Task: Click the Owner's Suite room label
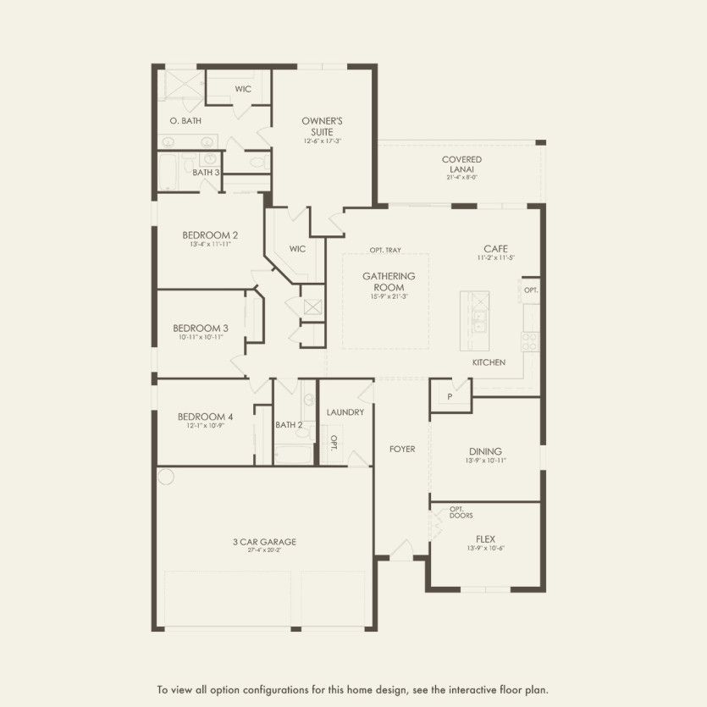pyautogui.click(x=322, y=126)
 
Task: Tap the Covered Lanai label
pyautogui.click(x=461, y=164)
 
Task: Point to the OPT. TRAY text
pyautogui.click(x=385, y=251)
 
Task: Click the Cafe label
pyautogui.click(x=495, y=248)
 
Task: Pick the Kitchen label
pyautogui.click(x=489, y=362)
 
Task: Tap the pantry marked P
pyautogui.click(x=450, y=396)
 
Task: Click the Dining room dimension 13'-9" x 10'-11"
pyautogui.click(x=485, y=461)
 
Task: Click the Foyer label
pyautogui.click(x=402, y=449)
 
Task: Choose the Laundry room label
pyautogui.click(x=345, y=412)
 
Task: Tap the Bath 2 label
pyautogui.click(x=289, y=425)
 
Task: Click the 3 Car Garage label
pyautogui.click(x=265, y=542)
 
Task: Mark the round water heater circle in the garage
pyautogui.click(x=166, y=477)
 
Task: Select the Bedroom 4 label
pyautogui.click(x=205, y=417)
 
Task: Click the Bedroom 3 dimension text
pyautogui.click(x=201, y=337)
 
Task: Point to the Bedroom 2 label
pyautogui.click(x=210, y=235)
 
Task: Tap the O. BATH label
pyautogui.click(x=185, y=121)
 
